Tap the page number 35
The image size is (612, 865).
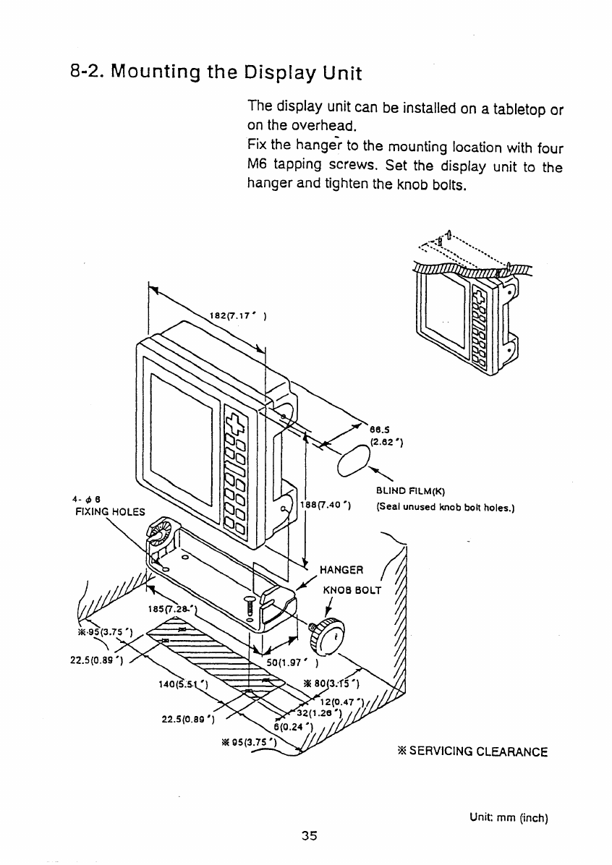click(x=310, y=835)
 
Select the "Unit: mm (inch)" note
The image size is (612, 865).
click(x=510, y=819)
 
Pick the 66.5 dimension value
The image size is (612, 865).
click(x=379, y=427)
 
